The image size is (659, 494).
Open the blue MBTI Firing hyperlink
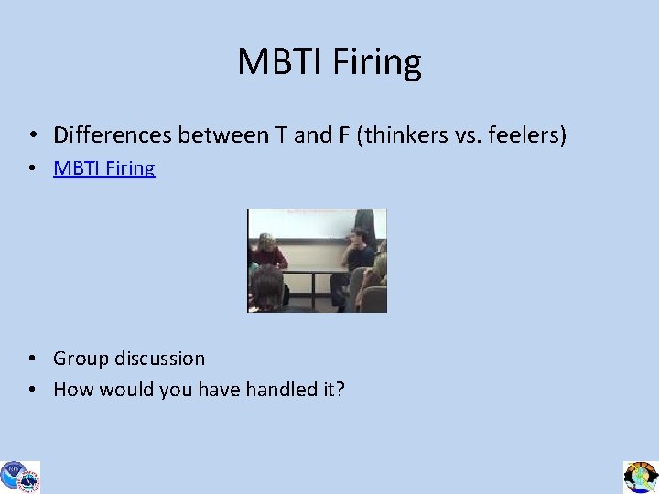(104, 168)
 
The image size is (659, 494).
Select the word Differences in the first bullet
(113, 136)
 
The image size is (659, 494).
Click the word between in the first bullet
(222, 136)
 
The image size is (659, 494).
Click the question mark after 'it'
(340, 390)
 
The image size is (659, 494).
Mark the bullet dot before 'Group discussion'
(32, 359)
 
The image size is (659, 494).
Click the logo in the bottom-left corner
(19, 477)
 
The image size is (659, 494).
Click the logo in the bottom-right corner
(641, 477)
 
